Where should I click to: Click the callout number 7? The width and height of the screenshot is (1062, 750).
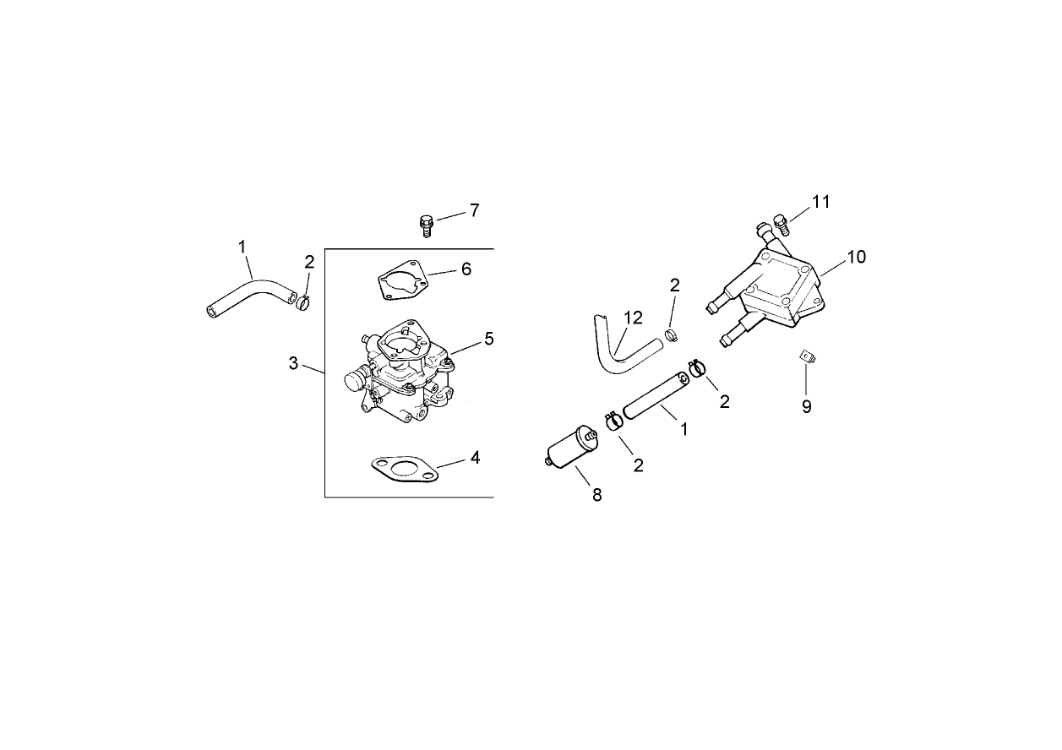pyautogui.click(x=474, y=210)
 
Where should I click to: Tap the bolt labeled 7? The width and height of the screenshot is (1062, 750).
pyautogui.click(x=427, y=225)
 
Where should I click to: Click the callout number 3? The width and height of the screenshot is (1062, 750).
pyautogui.click(x=293, y=363)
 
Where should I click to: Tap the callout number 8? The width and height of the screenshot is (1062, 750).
pyautogui.click(x=597, y=495)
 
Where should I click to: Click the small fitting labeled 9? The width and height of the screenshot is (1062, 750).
pyautogui.click(x=807, y=358)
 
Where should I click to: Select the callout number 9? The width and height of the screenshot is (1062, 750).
pyautogui.click(x=807, y=406)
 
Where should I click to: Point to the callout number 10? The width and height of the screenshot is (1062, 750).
pyautogui.click(x=857, y=257)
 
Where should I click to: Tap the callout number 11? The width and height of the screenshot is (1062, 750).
pyautogui.click(x=820, y=201)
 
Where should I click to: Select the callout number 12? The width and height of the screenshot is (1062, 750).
pyautogui.click(x=633, y=318)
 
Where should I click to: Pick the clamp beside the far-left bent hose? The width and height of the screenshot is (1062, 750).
pyautogui.click(x=304, y=300)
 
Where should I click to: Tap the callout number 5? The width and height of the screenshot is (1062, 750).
pyautogui.click(x=488, y=338)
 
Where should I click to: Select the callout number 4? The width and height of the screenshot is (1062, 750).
pyautogui.click(x=475, y=457)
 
